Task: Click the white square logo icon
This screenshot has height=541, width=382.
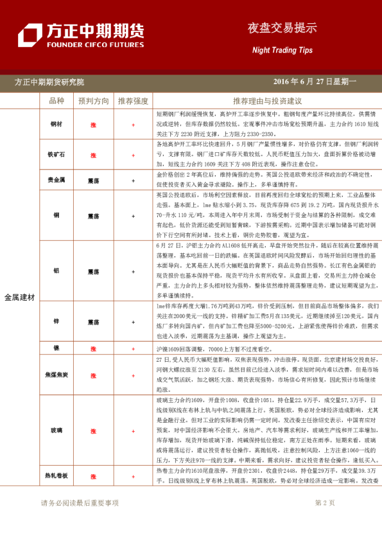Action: click(x=30, y=36)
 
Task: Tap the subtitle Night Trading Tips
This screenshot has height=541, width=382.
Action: click(x=282, y=49)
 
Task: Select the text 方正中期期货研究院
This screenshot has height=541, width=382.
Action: click(x=49, y=82)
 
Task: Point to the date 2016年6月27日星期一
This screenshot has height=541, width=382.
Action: click(x=314, y=82)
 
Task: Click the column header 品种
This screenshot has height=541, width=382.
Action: click(x=56, y=102)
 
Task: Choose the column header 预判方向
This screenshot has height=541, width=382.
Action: click(x=94, y=102)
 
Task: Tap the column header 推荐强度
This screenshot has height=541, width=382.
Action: click(x=133, y=102)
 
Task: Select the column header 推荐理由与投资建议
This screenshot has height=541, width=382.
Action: click(x=267, y=102)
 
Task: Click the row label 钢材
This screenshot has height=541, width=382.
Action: click(x=56, y=124)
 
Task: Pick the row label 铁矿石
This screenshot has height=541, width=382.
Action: click(x=56, y=155)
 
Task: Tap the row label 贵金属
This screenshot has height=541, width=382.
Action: click(x=56, y=181)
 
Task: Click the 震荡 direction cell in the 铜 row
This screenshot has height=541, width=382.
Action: click(x=94, y=217)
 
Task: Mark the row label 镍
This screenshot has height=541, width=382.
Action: click(x=56, y=348)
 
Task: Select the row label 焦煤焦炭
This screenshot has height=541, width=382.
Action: click(x=56, y=374)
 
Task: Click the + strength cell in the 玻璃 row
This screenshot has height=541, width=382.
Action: click(x=133, y=429)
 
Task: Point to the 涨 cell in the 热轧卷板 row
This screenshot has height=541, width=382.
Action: click(x=94, y=476)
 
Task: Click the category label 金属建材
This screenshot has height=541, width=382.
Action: click(x=20, y=297)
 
